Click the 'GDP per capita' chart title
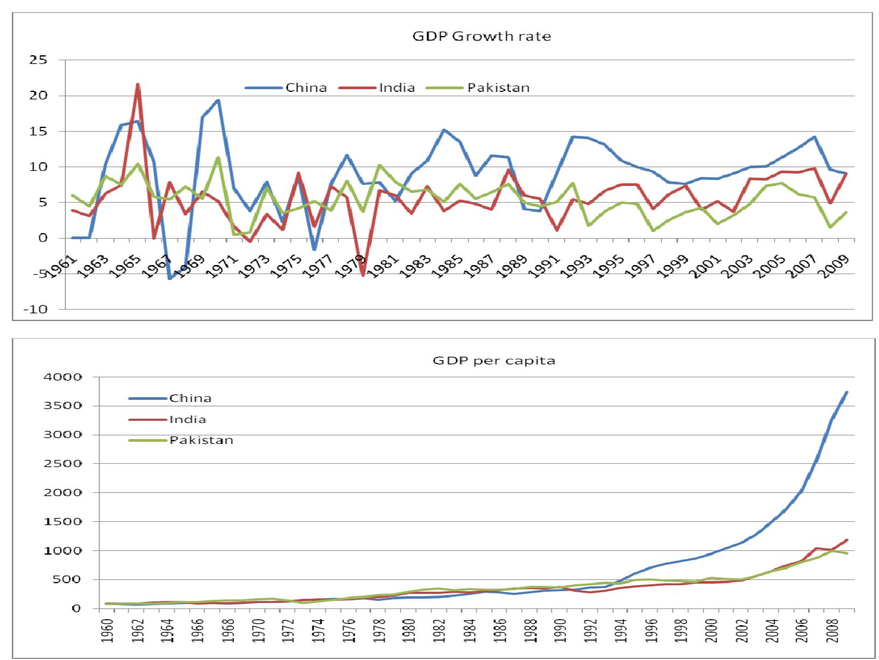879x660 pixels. pos(494,361)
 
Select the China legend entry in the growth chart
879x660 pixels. pos(306,88)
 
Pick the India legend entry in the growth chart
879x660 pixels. pos(396,88)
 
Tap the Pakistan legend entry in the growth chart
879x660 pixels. pos(498,88)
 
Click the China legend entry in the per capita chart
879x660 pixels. pos(190,398)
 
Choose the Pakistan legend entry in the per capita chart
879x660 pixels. pos(201,440)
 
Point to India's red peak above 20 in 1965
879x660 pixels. pos(138,84)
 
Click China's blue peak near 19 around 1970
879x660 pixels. pos(218,101)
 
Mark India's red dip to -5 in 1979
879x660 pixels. pos(363,275)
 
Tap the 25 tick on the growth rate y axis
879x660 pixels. pos(39,61)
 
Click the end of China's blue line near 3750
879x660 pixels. pos(847,392)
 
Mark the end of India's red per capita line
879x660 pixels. pos(847,540)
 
